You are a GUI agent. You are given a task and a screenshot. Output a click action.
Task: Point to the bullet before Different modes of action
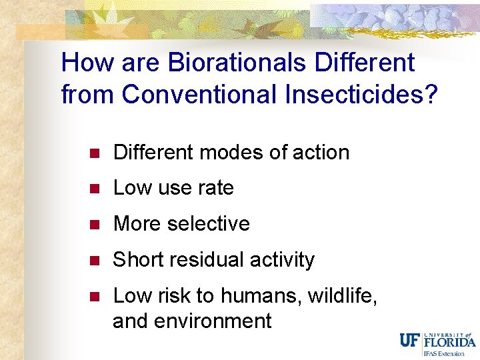[x=95, y=153]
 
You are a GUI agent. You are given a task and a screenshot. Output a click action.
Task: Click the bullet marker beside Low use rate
[x=95, y=189]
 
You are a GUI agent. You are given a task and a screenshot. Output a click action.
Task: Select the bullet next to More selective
[x=95, y=225]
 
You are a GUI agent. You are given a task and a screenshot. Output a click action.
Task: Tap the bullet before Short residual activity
[x=95, y=261]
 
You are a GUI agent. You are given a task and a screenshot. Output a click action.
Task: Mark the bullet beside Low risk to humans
[x=95, y=296]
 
